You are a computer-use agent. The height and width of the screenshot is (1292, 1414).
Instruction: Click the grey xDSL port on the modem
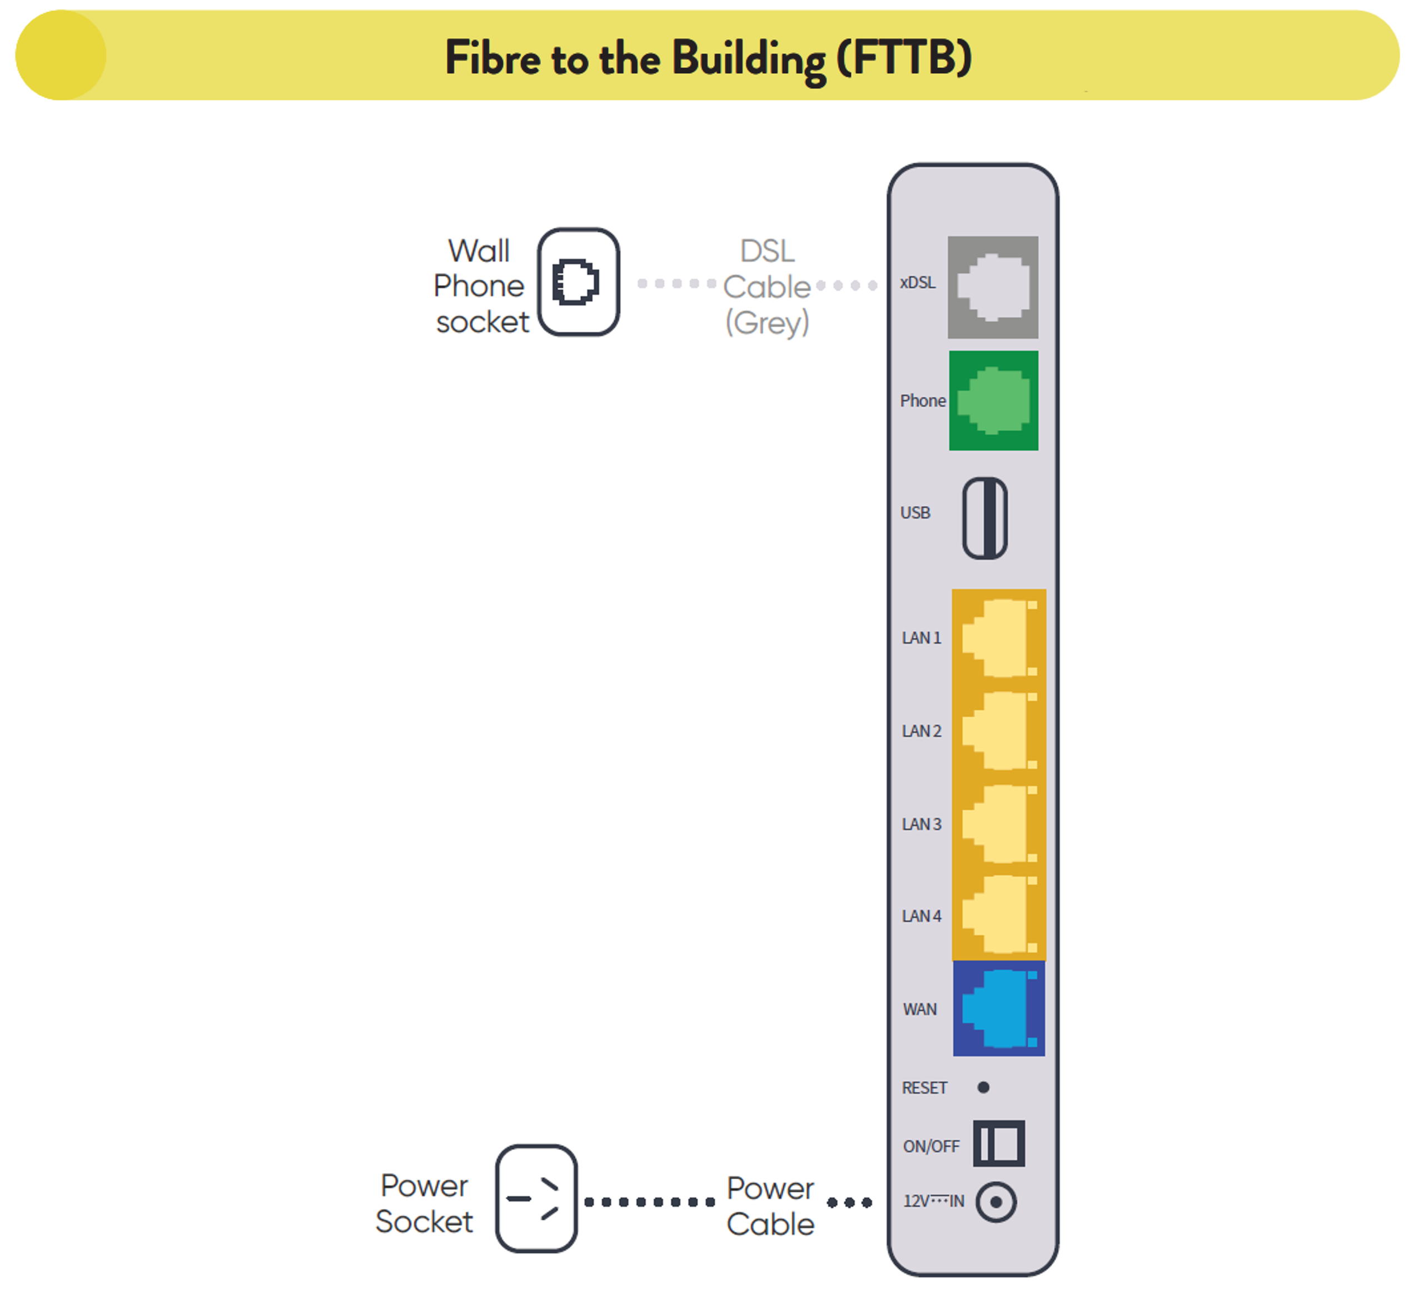point(993,287)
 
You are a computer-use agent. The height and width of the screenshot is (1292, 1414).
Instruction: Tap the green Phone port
point(993,401)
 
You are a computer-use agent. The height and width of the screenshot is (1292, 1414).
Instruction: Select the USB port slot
point(985,518)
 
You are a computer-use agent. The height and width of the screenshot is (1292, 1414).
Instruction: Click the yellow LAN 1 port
point(998,637)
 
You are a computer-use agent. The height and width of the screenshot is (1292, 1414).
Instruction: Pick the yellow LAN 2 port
point(998,730)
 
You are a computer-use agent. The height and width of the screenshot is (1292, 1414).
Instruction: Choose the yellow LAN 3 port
point(998,823)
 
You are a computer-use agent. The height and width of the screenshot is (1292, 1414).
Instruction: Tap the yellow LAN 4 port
point(998,915)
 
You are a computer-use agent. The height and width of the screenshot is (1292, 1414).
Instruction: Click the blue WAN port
point(998,1009)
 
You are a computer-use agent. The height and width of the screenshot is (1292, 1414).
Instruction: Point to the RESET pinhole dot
point(983,1087)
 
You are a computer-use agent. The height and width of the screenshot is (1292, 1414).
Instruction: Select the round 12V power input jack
point(996,1201)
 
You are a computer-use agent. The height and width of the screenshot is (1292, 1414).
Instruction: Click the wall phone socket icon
point(578,282)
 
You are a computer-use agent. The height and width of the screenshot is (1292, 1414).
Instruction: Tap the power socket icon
point(536,1199)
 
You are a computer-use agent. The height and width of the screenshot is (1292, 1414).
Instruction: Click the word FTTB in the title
point(904,58)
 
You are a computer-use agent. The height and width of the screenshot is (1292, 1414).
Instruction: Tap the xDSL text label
point(918,283)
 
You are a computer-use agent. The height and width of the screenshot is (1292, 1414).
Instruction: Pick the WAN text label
point(919,1009)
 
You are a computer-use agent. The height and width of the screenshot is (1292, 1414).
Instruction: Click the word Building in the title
point(748,59)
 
